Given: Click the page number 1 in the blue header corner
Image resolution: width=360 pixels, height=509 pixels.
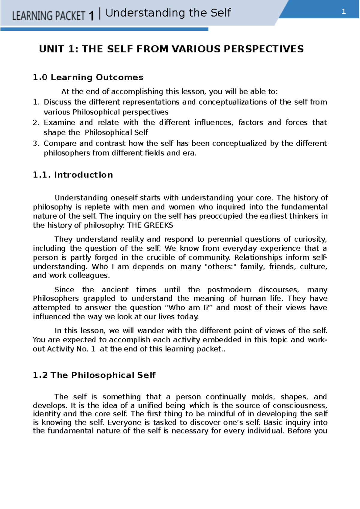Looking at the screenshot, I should (x=344, y=12).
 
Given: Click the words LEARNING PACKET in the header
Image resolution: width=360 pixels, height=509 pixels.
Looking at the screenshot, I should (x=49, y=16).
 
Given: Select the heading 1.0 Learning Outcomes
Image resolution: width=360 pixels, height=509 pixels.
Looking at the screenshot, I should (x=88, y=77).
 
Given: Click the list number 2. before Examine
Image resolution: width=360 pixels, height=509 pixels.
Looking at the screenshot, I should (x=36, y=123).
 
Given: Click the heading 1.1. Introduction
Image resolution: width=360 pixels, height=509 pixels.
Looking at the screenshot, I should (x=73, y=175).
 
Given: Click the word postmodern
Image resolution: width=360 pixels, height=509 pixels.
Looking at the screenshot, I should (x=229, y=290).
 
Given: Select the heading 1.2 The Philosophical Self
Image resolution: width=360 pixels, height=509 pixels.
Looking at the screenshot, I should (x=94, y=375).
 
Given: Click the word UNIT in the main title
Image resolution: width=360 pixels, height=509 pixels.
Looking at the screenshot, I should (x=51, y=49).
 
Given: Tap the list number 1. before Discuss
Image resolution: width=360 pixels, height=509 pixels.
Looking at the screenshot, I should (x=36, y=102).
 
